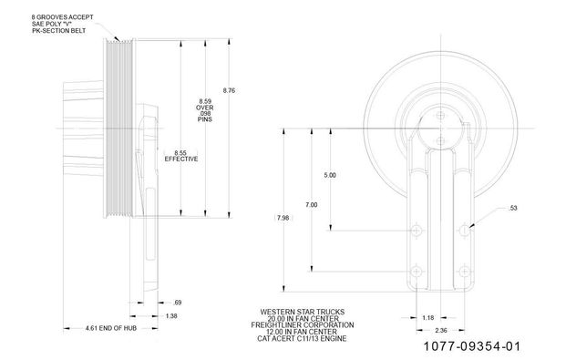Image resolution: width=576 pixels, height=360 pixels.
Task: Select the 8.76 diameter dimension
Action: click(229, 90)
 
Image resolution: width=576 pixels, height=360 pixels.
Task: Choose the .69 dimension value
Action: click(177, 301)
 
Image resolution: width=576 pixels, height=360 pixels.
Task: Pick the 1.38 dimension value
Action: click(170, 315)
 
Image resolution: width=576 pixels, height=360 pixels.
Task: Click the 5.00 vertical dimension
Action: click(330, 174)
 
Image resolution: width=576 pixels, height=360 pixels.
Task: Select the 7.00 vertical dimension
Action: click(312, 204)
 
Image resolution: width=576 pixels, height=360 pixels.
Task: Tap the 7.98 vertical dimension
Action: click(283, 218)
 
